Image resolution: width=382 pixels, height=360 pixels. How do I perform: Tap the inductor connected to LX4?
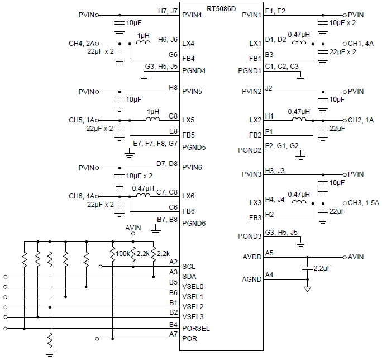144,41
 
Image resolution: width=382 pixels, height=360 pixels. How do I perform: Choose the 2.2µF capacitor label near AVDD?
322,269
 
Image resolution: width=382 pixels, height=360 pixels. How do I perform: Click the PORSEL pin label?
195,328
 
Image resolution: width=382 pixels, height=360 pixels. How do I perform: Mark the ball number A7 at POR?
173,334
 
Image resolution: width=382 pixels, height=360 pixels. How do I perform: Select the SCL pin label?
189,266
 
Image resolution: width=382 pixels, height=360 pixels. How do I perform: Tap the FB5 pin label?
189,135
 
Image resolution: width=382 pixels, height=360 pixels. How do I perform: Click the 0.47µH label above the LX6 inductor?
143,188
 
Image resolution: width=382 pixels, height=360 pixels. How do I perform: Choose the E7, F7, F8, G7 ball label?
156,144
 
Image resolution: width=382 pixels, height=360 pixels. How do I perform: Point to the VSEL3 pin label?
193,317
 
